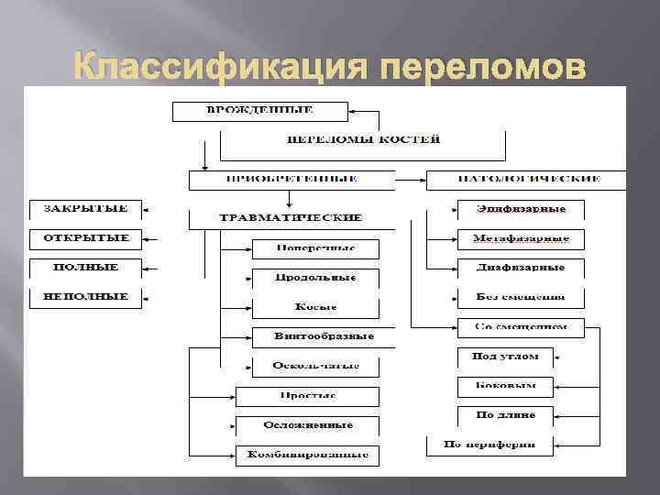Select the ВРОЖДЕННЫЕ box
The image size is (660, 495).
click(259, 111)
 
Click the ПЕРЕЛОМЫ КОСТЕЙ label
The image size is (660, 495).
click(364, 139)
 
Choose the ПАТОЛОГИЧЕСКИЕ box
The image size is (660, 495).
click(526, 179)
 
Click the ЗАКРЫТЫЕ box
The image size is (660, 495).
click(86, 209)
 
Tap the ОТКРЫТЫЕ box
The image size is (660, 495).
click(86, 238)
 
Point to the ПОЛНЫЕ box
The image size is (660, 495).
click(86, 269)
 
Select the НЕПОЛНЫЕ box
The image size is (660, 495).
click(86, 298)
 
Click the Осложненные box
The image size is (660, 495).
click(307, 426)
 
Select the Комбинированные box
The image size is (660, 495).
click(307, 455)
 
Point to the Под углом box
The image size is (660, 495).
click(505, 357)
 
